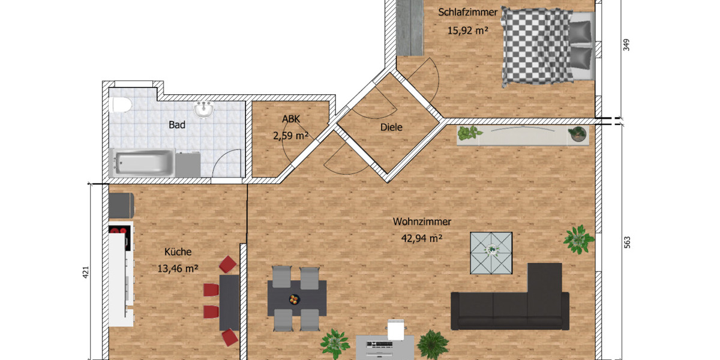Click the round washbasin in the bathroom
[x=205, y=110]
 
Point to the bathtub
[x=144, y=163]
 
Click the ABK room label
[x=290, y=119]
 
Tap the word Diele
[x=391, y=127]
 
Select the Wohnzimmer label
[x=422, y=221]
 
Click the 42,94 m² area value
[x=421, y=238]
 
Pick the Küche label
[x=178, y=252]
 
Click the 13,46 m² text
[x=178, y=268]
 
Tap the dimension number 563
[x=627, y=242]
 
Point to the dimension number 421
[x=85, y=273]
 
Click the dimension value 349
[x=627, y=45]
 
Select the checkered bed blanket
[x=535, y=45]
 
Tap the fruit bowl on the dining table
[x=293, y=299]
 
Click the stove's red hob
[x=118, y=230]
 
